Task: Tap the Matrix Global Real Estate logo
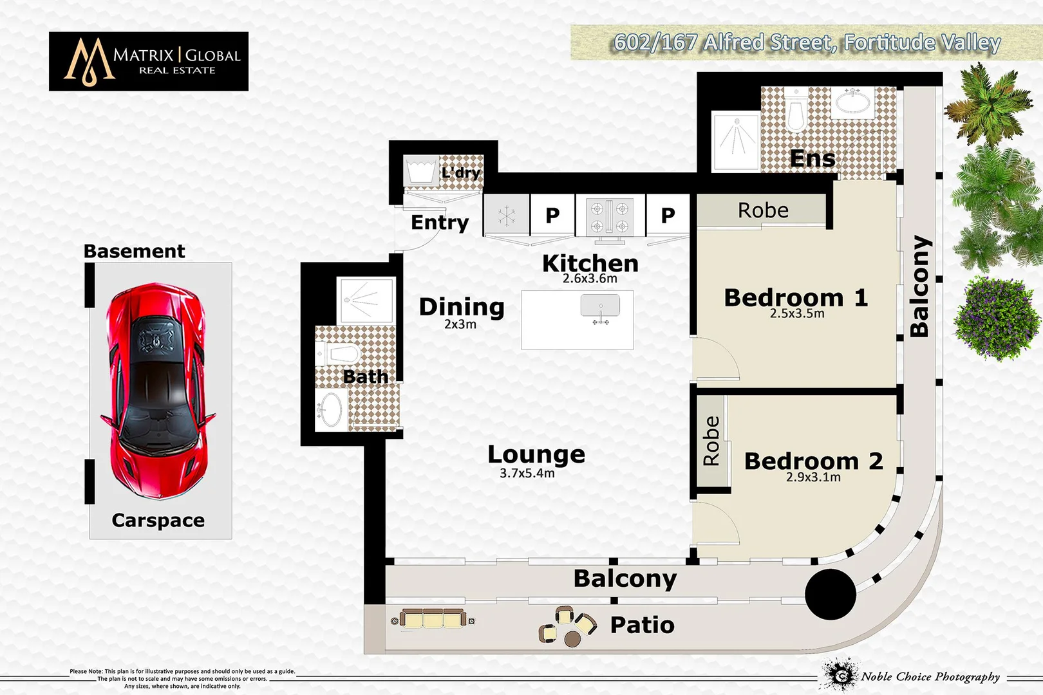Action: pyautogui.click(x=149, y=61)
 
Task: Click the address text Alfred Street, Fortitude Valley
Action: pyautogui.click(x=807, y=42)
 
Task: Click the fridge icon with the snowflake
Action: pyautogui.click(x=507, y=216)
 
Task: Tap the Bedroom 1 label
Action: pyautogui.click(x=796, y=298)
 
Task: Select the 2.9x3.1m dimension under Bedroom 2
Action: pyautogui.click(x=813, y=477)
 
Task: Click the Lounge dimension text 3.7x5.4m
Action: pyautogui.click(x=527, y=474)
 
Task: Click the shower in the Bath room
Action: pyautogui.click(x=366, y=300)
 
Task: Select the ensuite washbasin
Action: pyautogui.click(x=853, y=102)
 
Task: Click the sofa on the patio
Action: pyautogui.click(x=433, y=620)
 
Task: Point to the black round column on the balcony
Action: pyautogui.click(x=831, y=594)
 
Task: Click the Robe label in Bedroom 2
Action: pyautogui.click(x=711, y=441)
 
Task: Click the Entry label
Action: pyautogui.click(x=440, y=223)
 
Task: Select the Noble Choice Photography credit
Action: pyautogui.click(x=930, y=676)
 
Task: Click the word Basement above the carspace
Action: pyautogui.click(x=134, y=251)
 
